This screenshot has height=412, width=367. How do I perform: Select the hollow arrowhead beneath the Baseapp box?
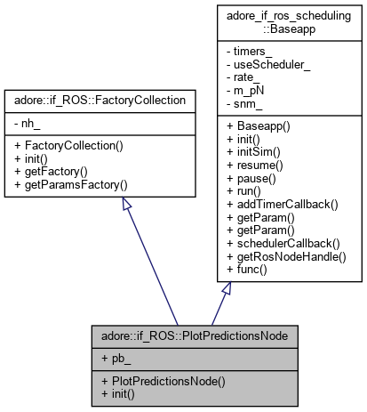pos(227,288)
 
